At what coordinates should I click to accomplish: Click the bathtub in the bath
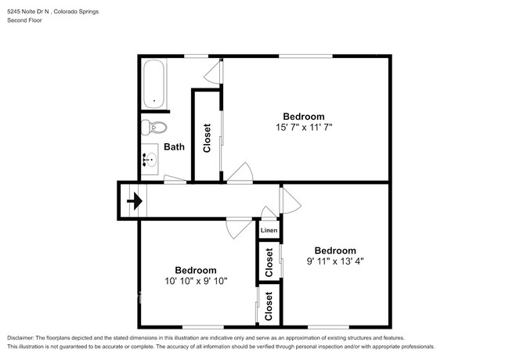[x=153, y=83]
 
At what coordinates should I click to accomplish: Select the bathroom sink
[x=150, y=161]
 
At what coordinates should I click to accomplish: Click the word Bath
[x=174, y=146]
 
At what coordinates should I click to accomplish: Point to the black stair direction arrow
[x=134, y=201]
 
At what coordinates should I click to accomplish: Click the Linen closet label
[x=269, y=231]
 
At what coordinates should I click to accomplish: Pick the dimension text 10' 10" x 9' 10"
[x=196, y=281]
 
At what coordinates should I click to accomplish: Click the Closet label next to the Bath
[x=208, y=138]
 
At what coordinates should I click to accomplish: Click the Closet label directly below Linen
[x=269, y=263]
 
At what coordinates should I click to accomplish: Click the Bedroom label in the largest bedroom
[x=304, y=116]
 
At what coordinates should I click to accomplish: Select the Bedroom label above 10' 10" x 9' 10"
[x=196, y=270]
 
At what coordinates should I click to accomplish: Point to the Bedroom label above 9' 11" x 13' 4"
[x=335, y=250]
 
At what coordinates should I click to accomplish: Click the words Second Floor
[x=25, y=20]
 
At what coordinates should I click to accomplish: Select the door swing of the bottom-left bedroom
[x=234, y=226]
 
